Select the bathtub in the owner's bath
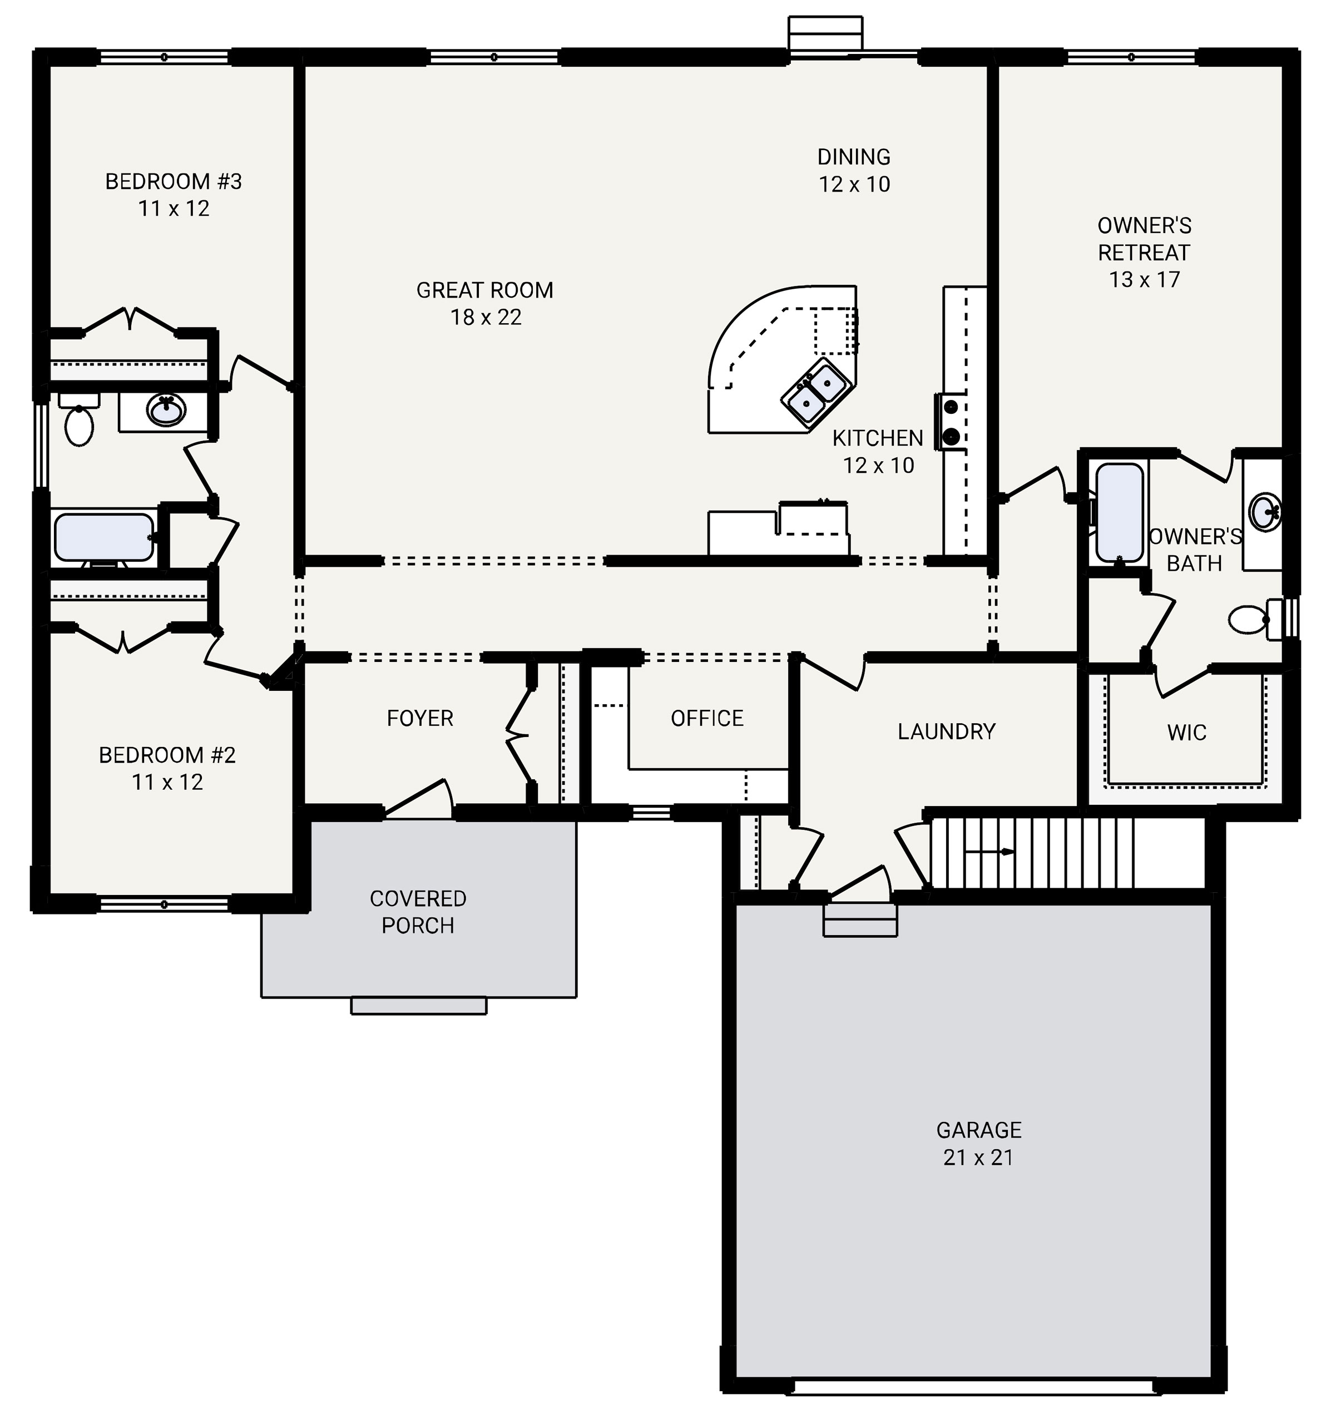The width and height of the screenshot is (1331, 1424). (x=1119, y=512)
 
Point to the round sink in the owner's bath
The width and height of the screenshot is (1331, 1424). (x=1266, y=512)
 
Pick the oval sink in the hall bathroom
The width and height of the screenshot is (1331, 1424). (x=166, y=411)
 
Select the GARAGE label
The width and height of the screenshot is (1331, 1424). (x=978, y=1130)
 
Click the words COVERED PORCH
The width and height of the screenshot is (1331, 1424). (x=418, y=912)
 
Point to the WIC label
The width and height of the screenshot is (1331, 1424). (x=1186, y=732)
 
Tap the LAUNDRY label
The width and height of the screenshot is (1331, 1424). (x=946, y=731)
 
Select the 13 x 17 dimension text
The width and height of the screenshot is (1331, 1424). (x=1144, y=279)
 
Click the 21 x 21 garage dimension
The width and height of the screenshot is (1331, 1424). (x=978, y=1158)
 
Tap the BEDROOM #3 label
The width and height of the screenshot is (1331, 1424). (x=174, y=182)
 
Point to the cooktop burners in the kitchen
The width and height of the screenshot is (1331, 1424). (x=951, y=421)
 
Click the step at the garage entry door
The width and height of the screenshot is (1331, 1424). (x=860, y=919)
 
